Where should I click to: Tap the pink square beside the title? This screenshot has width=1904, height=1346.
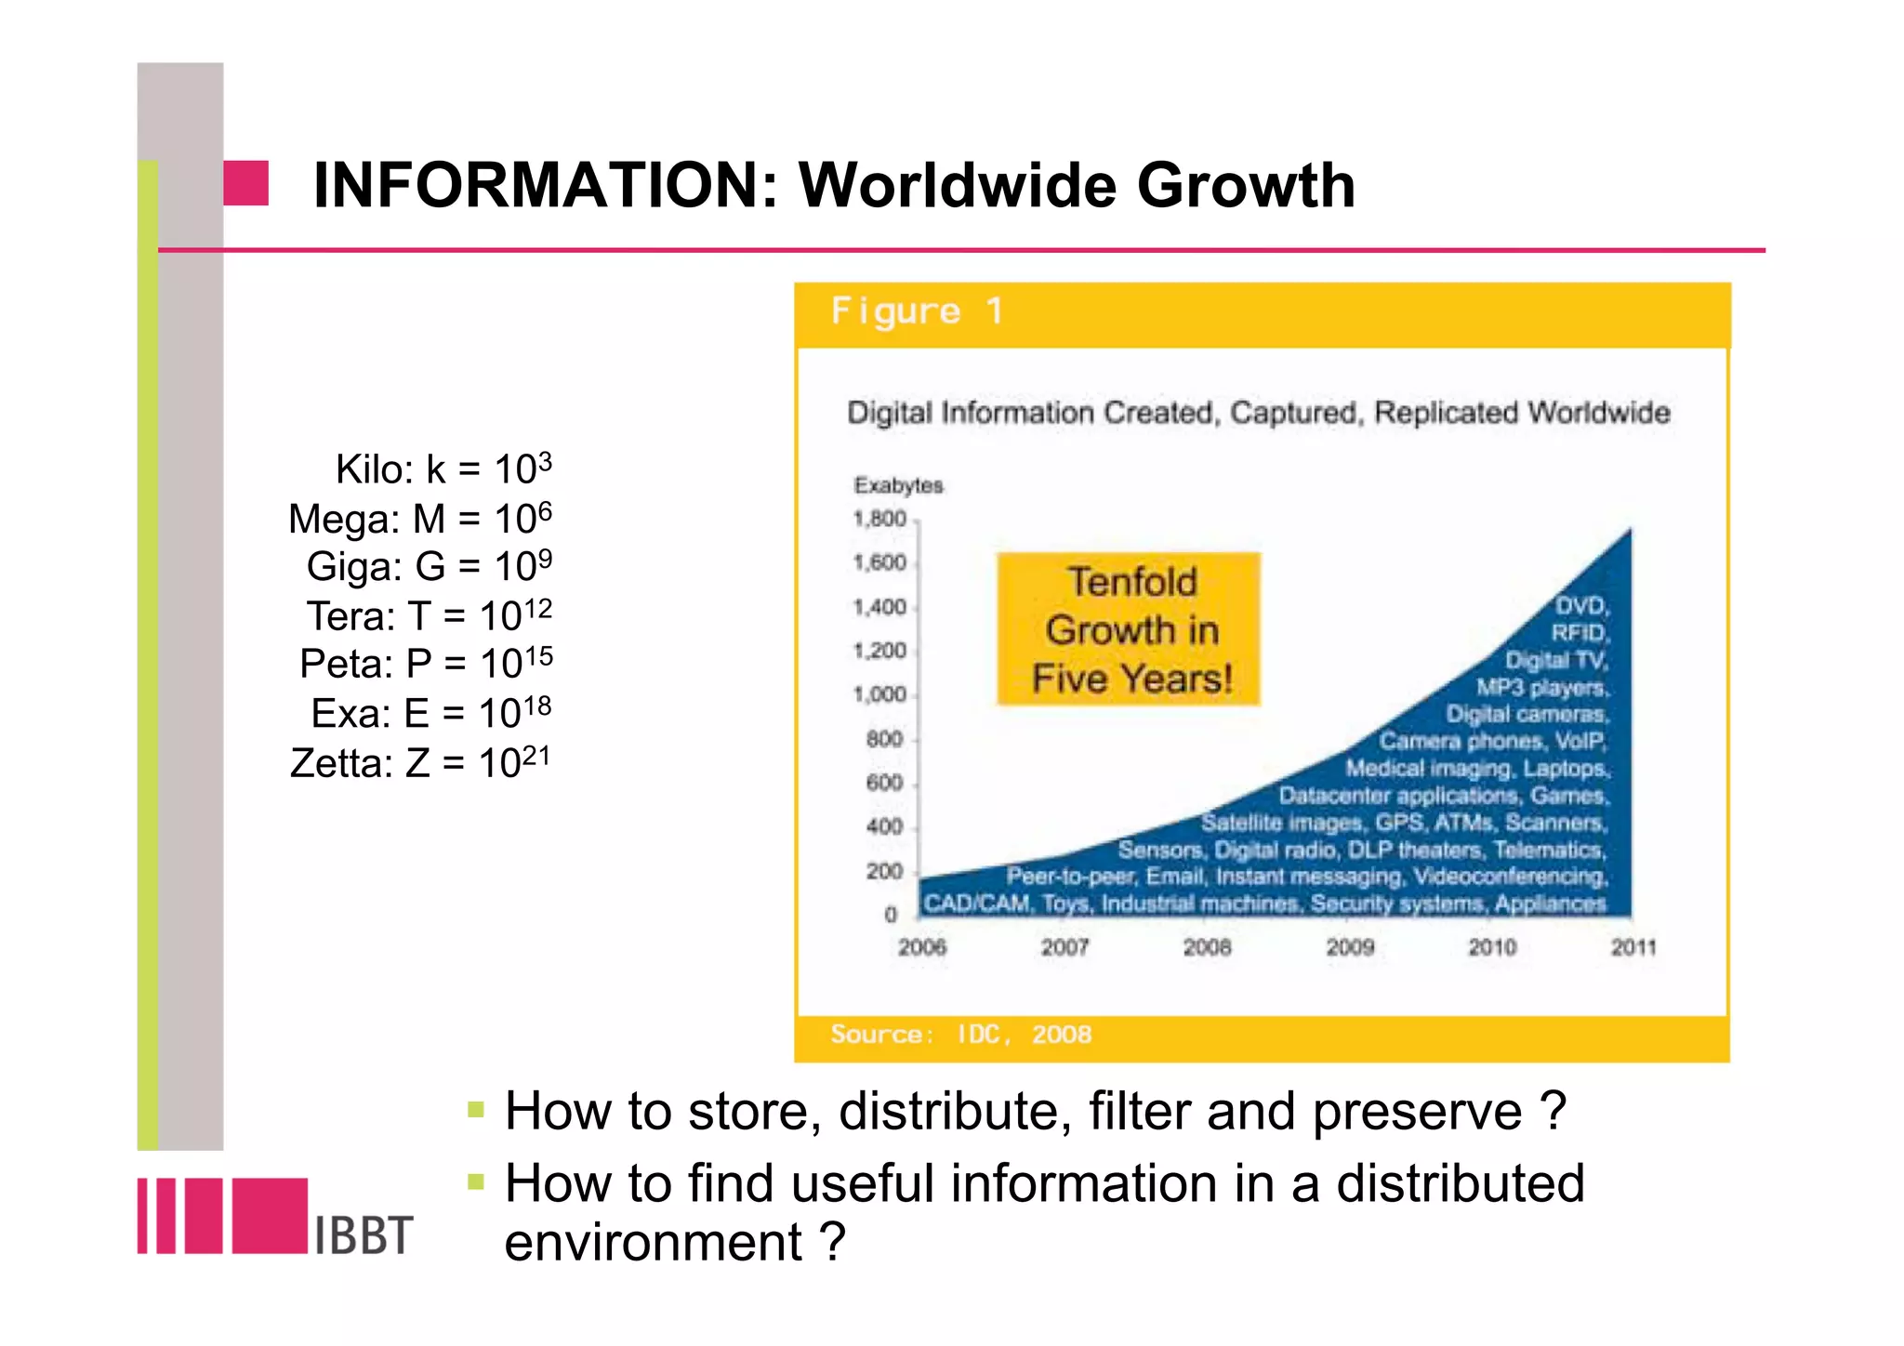(245, 183)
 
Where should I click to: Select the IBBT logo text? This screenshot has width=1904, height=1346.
(364, 1235)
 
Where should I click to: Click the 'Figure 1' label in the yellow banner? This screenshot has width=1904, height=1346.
(917, 310)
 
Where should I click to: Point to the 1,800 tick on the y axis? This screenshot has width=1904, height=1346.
(879, 519)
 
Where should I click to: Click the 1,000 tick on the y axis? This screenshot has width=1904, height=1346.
(879, 694)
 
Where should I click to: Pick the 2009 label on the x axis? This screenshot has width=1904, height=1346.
(1350, 947)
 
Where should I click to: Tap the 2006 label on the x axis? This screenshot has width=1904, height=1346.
(922, 947)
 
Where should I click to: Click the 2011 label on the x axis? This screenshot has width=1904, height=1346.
(1633, 947)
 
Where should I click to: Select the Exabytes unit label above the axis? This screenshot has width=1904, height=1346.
(898, 485)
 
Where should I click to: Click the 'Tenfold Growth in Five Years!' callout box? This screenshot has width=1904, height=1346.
(1130, 630)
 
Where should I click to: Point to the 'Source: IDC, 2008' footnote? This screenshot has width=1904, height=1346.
(960, 1035)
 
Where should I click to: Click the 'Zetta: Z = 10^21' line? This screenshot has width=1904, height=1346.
(420, 763)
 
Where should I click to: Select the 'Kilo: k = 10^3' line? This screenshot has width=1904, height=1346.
(443, 468)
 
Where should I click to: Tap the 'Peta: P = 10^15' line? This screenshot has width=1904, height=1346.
(426, 664)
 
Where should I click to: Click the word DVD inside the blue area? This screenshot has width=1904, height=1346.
(1580, 606)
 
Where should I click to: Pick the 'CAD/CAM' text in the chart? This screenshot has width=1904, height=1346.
(976, 904)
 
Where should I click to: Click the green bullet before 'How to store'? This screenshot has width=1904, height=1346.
(476, 1109)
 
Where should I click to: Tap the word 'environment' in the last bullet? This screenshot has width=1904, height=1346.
(653, 1242)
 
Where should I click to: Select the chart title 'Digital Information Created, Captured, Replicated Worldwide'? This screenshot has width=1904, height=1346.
(1258, 413)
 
